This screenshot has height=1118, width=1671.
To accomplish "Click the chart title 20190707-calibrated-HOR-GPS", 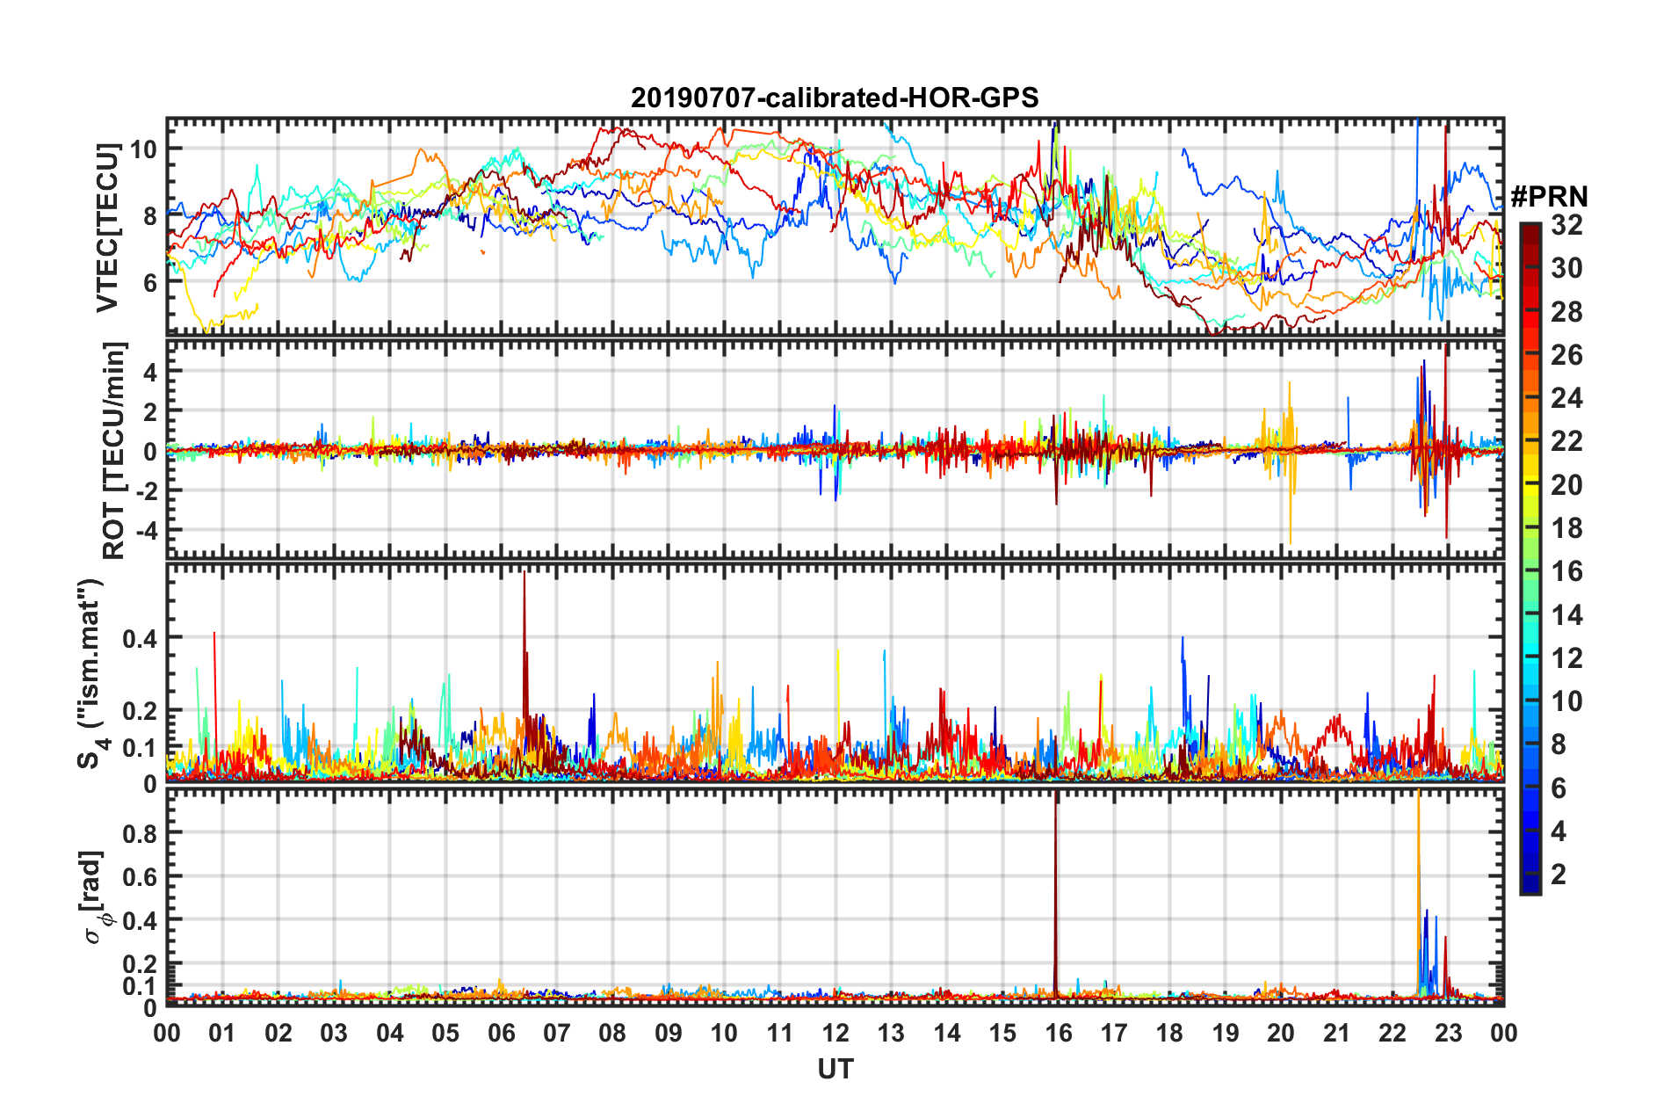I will (835, 98).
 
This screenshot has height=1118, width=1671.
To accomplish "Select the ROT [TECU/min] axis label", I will (114, 451).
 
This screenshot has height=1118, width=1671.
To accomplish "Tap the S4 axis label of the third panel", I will (91, 673).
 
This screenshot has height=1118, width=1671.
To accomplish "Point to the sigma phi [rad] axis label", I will (95, 897).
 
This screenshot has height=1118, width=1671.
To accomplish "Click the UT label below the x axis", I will (835, 1069).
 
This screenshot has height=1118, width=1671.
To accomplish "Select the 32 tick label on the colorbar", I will (1566, 225).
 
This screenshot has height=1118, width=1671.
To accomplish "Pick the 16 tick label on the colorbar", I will (1566, 571).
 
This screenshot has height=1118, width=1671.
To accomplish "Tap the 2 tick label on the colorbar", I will (1559, 874).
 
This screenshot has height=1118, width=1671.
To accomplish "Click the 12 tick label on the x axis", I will (835, 1033).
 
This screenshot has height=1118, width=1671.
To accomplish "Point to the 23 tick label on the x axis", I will (1448, 1033).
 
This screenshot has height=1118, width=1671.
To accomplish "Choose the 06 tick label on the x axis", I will (502, 1033).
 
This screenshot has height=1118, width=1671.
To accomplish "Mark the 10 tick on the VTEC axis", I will (143, 149).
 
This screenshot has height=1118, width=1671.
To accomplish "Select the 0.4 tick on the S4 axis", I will (141, 638).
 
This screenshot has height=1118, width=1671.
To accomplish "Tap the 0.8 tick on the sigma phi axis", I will (141, 833).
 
